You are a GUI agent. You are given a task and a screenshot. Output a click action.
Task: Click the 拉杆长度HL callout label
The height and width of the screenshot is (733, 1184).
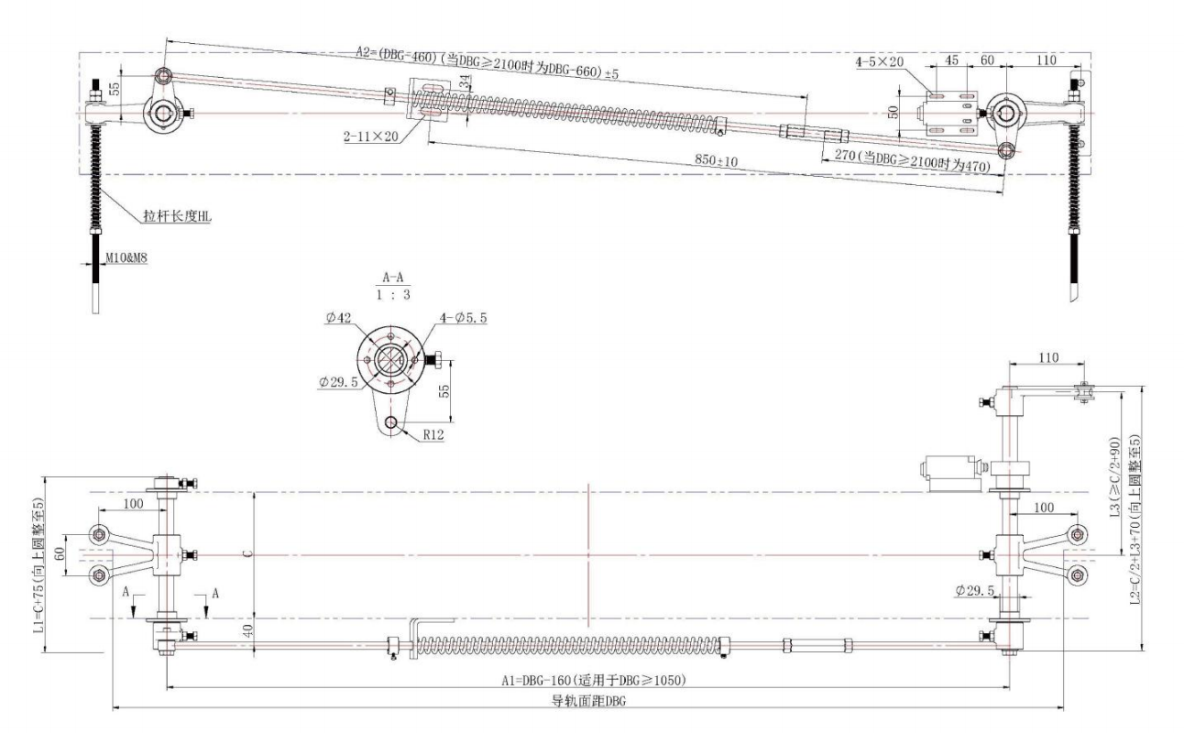coord(177,215)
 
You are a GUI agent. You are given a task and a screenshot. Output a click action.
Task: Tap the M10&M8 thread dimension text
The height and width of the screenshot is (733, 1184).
coord(126,257)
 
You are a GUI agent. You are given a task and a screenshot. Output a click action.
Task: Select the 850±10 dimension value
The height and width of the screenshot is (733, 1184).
coord(717,160)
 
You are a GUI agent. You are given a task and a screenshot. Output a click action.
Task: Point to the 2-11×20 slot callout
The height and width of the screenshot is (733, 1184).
coord(370,137)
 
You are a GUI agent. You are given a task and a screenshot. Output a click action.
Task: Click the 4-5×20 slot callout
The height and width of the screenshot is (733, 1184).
coord(880,61)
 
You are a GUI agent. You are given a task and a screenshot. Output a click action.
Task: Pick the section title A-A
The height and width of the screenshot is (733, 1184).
coord(393,277)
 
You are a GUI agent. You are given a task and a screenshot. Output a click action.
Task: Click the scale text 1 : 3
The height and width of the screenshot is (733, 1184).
coord(393,294)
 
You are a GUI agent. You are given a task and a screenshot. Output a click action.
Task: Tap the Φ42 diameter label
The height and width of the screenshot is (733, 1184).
coord(338,317)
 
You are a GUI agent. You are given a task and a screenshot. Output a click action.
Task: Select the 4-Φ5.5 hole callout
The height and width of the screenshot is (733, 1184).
coord(463,318)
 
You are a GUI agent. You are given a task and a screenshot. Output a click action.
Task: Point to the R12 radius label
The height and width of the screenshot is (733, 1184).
coord(433,434)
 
